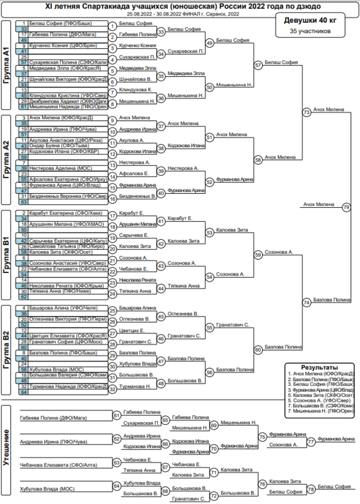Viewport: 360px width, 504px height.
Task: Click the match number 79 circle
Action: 347,207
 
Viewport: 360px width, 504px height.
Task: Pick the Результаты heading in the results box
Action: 320,367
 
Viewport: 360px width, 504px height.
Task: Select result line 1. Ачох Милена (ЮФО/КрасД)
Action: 320,374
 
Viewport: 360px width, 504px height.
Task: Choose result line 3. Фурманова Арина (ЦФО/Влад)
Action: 320,390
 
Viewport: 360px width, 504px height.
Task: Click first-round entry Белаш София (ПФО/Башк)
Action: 61,23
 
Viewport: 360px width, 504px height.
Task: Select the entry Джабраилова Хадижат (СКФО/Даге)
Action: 63,101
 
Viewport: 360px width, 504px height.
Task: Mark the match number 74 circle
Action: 307,303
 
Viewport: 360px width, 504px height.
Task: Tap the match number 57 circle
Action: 258,65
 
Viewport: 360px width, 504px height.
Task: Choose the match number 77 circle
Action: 311,441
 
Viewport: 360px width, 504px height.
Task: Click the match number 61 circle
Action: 117,415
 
